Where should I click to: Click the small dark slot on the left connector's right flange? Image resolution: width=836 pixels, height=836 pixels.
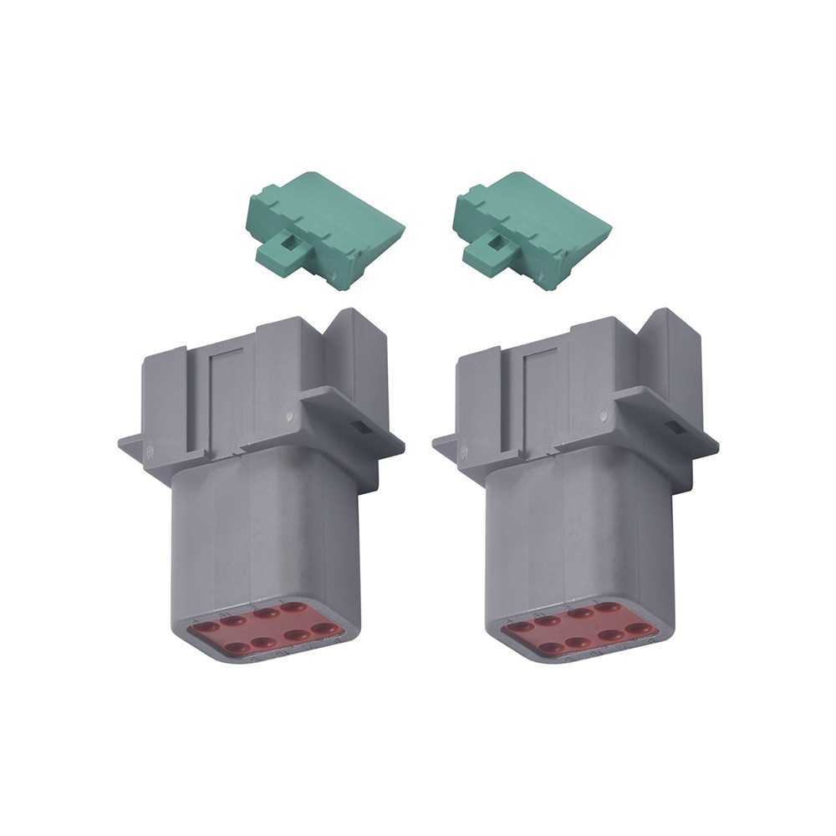click(360, 427)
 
